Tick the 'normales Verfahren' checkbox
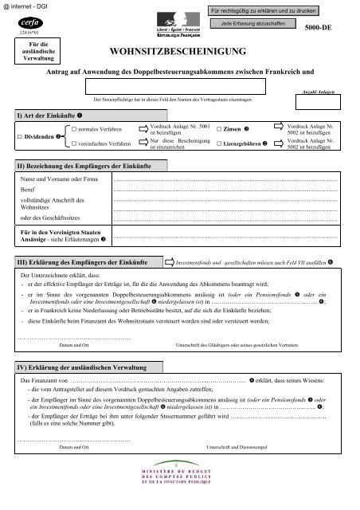(73, 127)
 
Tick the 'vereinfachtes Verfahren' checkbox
(73, 144)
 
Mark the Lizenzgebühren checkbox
(219, 144)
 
